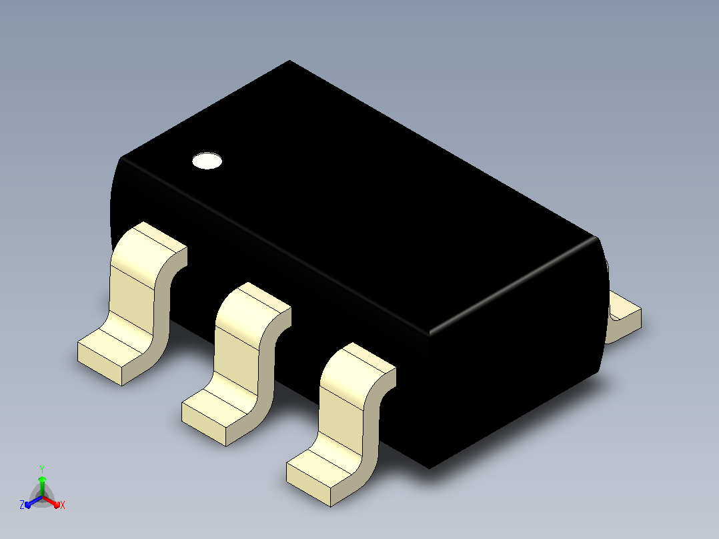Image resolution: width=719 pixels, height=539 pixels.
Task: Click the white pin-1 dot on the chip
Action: [207, 161]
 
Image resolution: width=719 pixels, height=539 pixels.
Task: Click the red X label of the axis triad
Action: [63, 505]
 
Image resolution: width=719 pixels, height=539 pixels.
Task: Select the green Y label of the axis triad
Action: [42, 469]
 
